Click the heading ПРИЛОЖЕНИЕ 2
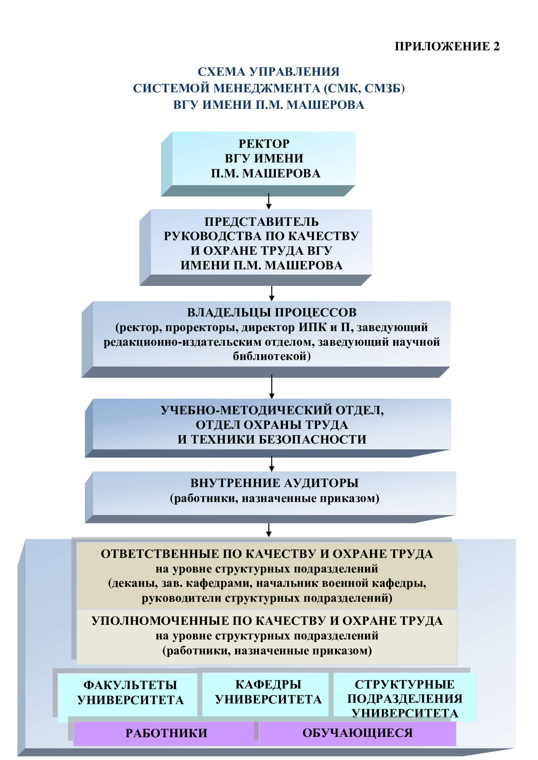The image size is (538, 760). coord(447,46)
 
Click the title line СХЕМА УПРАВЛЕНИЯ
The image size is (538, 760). coord(269,72)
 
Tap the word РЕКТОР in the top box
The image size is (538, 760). coord(264,144)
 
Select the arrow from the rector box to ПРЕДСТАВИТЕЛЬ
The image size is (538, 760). coord(269,201)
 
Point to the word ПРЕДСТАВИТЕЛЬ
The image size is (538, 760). coord(262,222)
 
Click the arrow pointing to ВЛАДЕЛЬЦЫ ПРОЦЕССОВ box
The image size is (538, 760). coord(272,293)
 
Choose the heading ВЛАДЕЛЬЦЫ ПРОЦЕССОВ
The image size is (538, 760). coord(272,313)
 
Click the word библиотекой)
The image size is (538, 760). coord(272,356)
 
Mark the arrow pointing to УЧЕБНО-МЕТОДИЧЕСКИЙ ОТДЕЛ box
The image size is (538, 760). coord(272,387)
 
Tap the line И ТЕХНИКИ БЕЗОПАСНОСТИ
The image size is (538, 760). coord(272,440)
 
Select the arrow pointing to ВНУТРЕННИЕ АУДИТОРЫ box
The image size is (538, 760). coord(272,464)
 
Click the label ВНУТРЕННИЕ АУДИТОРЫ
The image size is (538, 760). coord(274,483)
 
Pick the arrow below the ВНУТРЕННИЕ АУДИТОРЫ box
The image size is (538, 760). coord(269,530)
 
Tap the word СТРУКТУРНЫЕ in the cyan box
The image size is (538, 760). coord(405,684)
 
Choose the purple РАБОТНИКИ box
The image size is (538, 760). coord(166,733)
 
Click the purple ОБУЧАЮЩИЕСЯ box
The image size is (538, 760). coord(357,733)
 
